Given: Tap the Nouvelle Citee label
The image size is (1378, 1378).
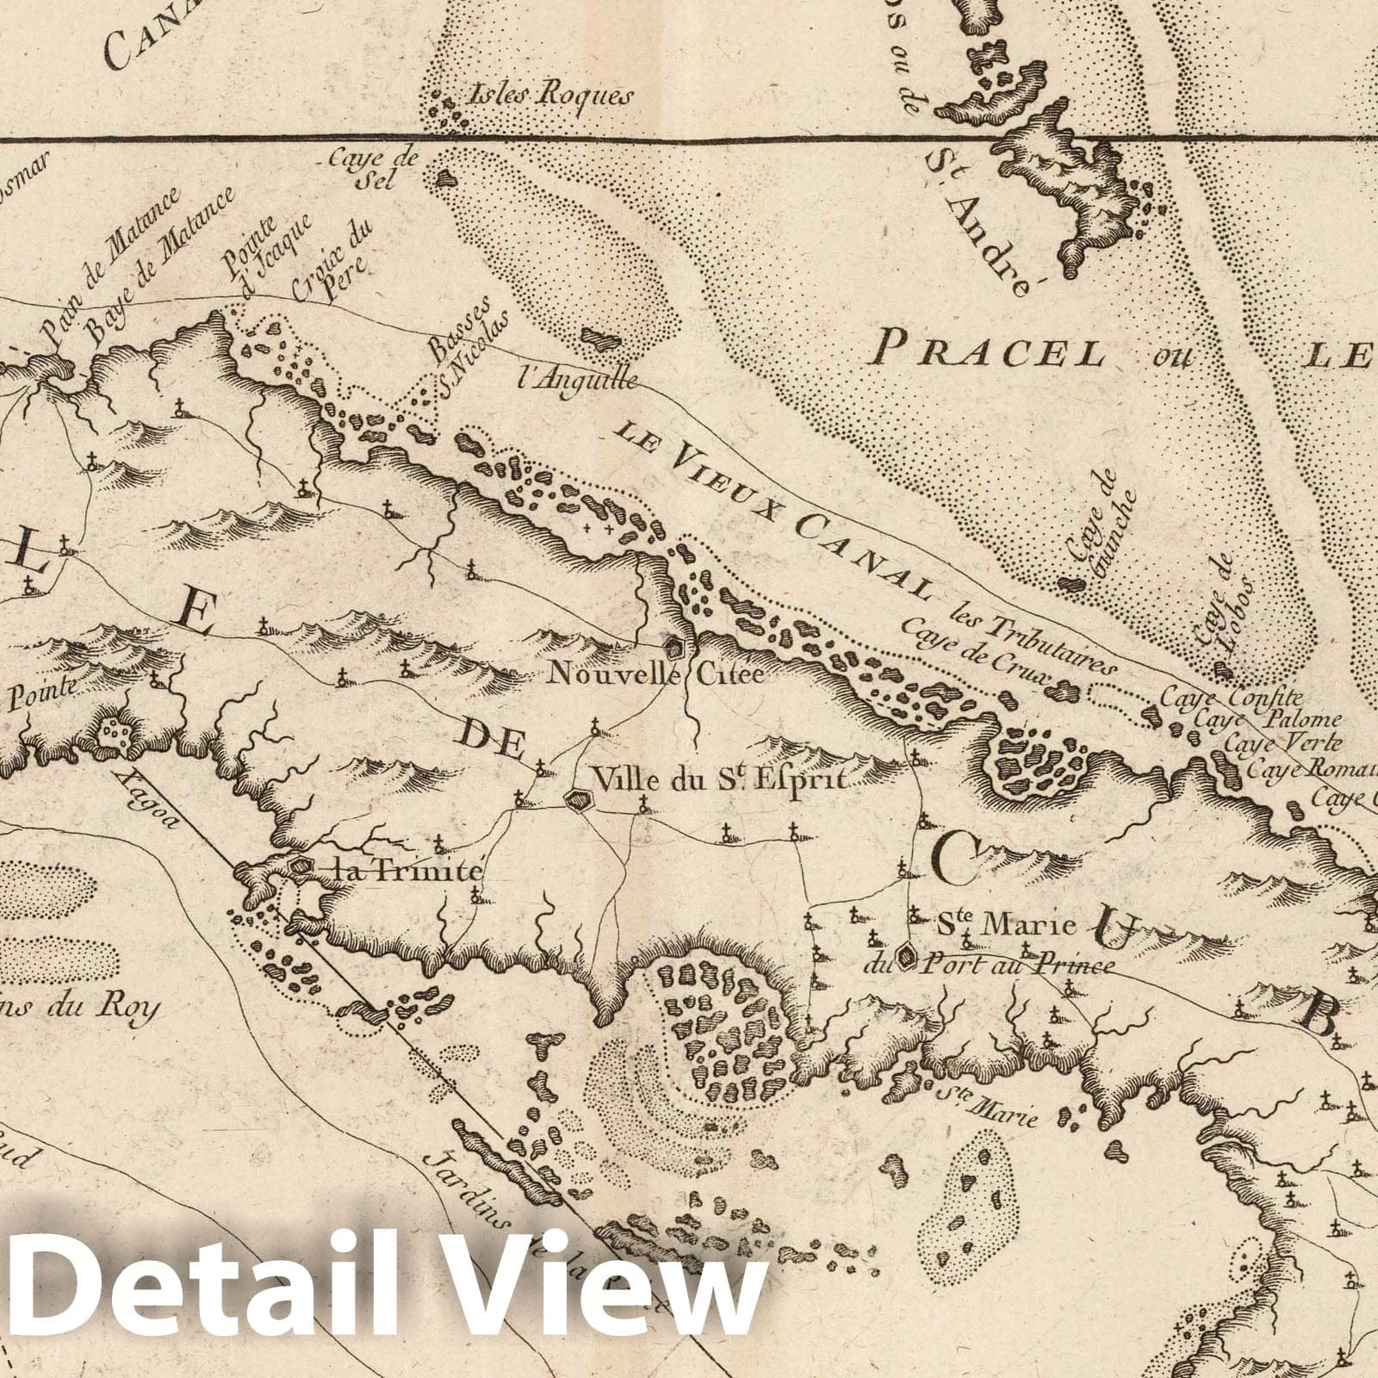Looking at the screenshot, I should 656,673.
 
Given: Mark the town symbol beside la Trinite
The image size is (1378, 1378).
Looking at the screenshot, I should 301,866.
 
